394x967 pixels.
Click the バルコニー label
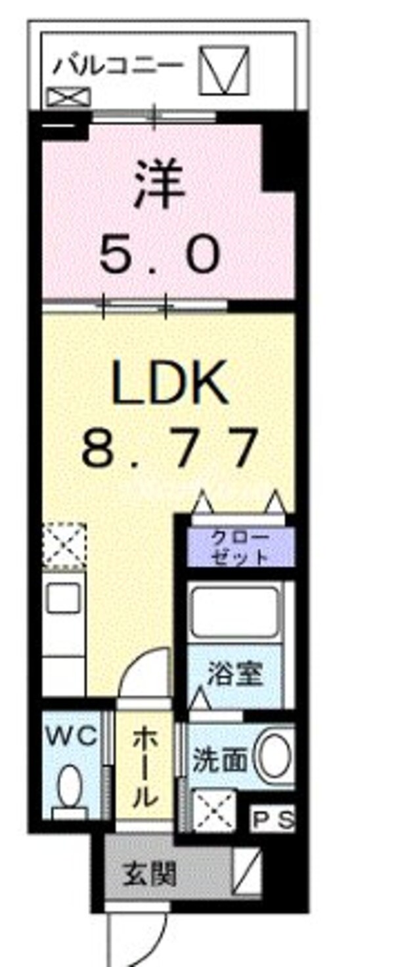coord(118,66)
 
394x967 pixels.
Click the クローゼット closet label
coord(240,548)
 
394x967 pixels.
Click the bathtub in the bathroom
coord(235,611)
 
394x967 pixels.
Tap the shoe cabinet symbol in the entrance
coord(246,871)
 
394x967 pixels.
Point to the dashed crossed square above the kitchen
coord(64,545)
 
